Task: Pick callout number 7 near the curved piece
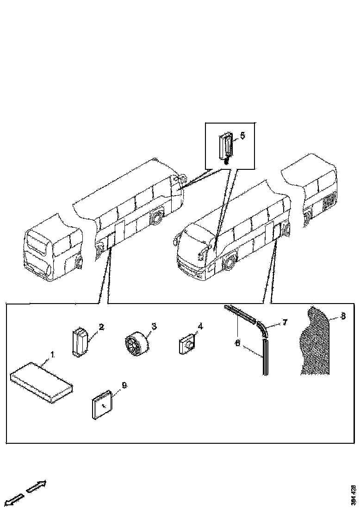[x=285, y=321]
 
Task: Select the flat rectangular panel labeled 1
[x=41, y=382]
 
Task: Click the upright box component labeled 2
[x=80, y=342]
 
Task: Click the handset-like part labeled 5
[x=226, y=146]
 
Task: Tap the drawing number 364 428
[x=354, y=495]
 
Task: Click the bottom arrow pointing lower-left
[x=13, y=499]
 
